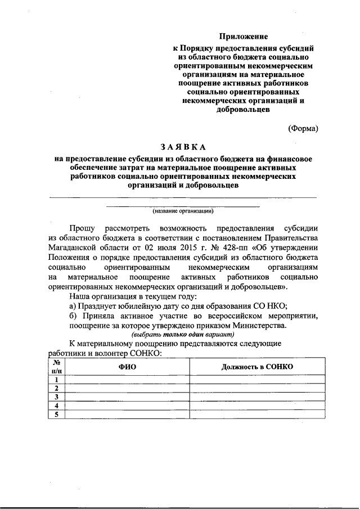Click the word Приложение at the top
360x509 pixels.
pos(244,37)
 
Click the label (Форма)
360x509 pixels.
pos(304,128)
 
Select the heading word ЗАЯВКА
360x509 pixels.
pos(183,147)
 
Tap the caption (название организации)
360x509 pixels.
pos(183,211)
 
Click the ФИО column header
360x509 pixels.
pos(127,367)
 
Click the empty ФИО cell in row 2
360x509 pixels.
pos(127,389)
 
